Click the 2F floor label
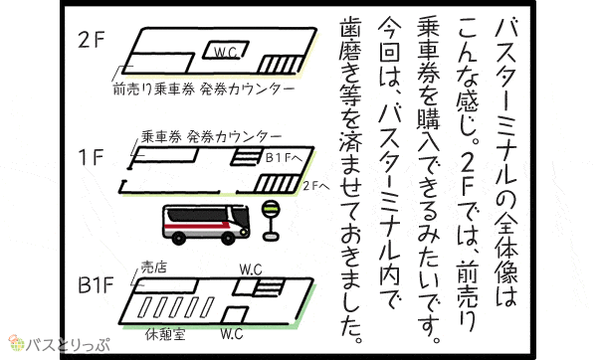(x=91, y=40)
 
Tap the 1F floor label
(x=91, y=157)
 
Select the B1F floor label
(x=96, y=285)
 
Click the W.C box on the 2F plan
(x=226, y=51)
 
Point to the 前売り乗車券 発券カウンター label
(x=204, y=90)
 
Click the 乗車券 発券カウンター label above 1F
(x=211, y=136)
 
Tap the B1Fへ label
(x=284, y=157)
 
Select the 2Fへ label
(x=316, y=186)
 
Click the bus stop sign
(x=271, y=221)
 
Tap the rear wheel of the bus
(x=178, y=238)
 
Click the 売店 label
(x=154, y=268)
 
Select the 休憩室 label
(x=165, y=334)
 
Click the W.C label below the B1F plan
(x=232, y=334)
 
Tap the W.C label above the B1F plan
(x=251, y=270)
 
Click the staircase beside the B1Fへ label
(x=248, y=156)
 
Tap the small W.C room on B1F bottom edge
(x=234, y=315)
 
